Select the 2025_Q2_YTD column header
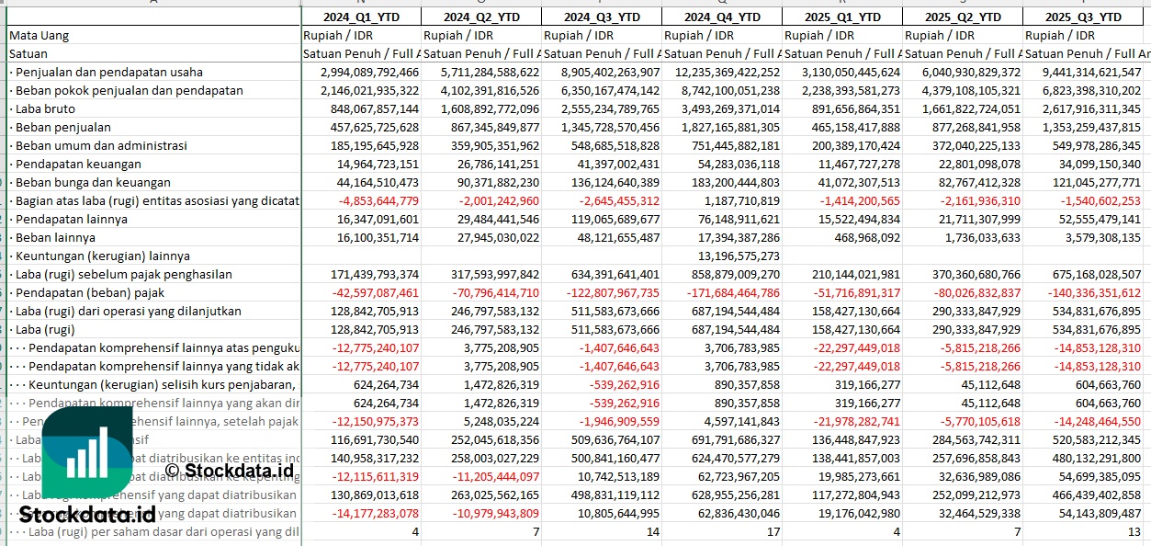(963, 17)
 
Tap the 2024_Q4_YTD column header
(723, 17)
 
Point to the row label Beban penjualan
(62, 127)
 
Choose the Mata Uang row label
(39, 35)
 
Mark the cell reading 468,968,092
(859, 237)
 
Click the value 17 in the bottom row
(773, 531)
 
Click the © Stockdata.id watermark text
(229, 471)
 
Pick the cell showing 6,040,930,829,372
(963, 72)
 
